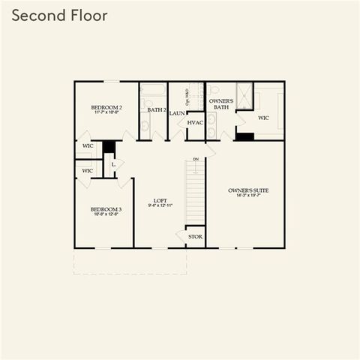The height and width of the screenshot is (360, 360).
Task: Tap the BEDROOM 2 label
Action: [106, 108]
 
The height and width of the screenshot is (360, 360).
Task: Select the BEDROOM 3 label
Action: [105, 209]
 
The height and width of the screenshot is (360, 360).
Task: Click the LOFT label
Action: [160, 200]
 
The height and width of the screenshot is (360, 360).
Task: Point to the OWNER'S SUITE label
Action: [248, 190]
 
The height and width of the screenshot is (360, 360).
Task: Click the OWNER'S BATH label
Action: [220, 103]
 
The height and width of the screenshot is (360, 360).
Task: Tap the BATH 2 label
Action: [157, 110]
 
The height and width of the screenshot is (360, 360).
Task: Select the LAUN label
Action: [177, 113]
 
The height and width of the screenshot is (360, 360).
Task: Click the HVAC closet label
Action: [196, 122]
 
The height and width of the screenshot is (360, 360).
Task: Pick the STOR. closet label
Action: [195, 236]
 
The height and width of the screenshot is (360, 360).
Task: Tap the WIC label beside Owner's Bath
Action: [263, 118]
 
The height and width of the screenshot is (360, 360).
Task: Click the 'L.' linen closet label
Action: [113, 163]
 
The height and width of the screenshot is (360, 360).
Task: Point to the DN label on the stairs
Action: [196, 159]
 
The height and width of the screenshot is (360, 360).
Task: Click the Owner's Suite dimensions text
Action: [248, 197]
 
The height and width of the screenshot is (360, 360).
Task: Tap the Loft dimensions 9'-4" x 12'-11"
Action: [160, 206]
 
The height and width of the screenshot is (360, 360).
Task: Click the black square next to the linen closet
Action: [109, 146]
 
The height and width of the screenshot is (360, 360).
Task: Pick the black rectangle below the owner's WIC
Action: [244, 136]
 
